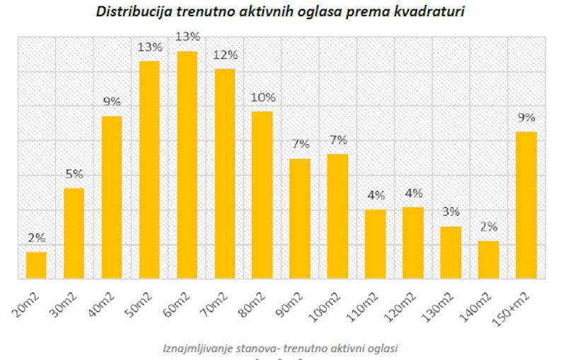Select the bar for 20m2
(36, 265)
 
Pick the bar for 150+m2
(526, 205)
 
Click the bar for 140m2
(488, 260)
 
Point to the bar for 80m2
(262, 194)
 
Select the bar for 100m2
(337, 216)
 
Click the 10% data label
(262, 98)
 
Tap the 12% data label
(225, 55)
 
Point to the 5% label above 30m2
(74, 173)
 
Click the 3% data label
(451, 211)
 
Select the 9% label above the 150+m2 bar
(526, 117)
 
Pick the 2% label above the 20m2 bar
(37, 238)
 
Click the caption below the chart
(282, 347)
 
